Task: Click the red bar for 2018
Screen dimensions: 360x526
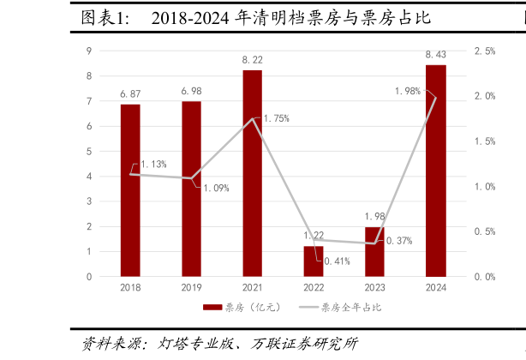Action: click(x=130, y=190)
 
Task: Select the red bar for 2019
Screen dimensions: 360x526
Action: click(x=191, y=189)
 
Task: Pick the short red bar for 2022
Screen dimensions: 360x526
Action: click(x=314, y=261)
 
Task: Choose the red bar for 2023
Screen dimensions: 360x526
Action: click(x=374, y=252)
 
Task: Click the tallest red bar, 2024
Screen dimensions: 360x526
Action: click(x=436, y=171)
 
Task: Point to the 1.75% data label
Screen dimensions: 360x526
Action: click(x=276, y=118)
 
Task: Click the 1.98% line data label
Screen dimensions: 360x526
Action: click(x=407, y=91)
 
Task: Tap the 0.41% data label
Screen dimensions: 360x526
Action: click(x=337, y=261)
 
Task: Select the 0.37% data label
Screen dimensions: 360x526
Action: click(x=398, y=241)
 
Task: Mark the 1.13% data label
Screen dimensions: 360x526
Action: click(x=153, y=164)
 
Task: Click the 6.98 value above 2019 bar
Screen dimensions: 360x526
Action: click(x=191, y=91)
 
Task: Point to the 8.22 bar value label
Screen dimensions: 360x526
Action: click(x=252, y=60)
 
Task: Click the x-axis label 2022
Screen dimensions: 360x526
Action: click(x=314, y=287)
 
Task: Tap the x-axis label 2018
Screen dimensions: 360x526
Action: click(x=130, y=287)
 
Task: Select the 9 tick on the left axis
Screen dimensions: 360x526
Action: click(x=90, y=51)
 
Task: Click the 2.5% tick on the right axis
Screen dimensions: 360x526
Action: click(x=485, y=51)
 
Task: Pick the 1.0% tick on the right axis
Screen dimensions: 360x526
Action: click(x=485, y=186)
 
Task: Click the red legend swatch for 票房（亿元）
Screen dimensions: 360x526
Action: click(x=212, y=307)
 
